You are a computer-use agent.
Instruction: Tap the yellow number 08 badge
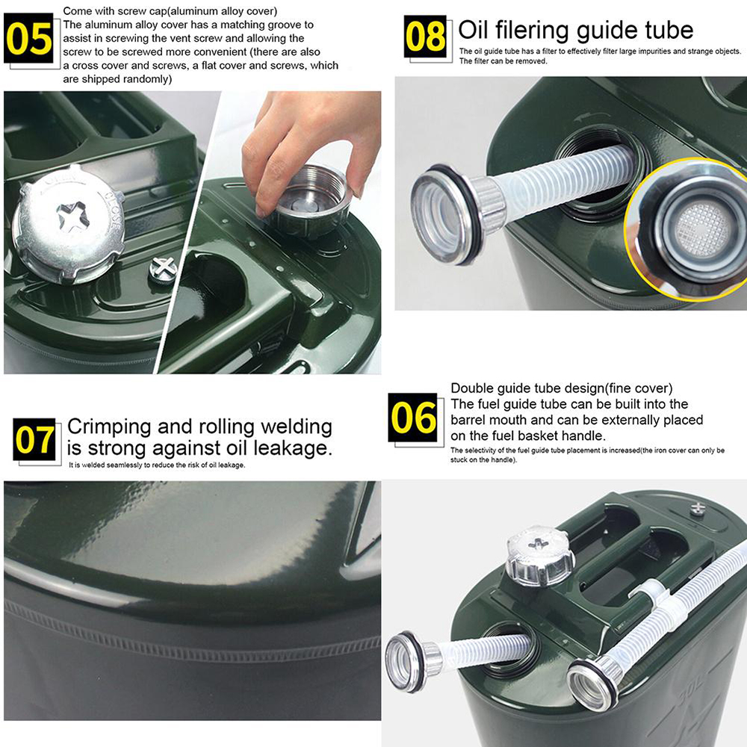tap(425, 35)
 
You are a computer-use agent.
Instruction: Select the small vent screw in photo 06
tap(697, 508)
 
